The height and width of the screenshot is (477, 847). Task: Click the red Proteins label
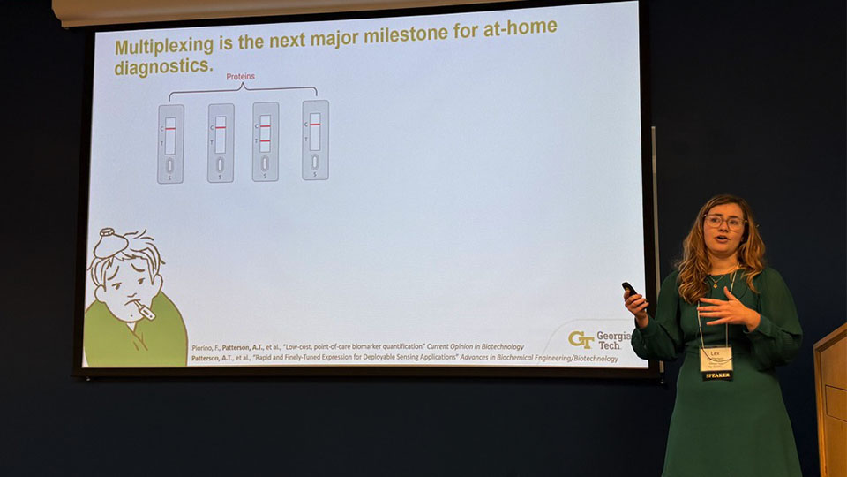click(240, 77)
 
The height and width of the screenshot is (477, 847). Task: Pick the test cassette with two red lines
click(265, 141)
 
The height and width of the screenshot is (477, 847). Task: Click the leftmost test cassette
click(170, 143)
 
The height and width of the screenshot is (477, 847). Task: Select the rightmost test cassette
click(315, 140)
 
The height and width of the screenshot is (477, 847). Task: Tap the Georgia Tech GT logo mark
click(581, 340)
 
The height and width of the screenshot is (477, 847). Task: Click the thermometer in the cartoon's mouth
click(141, 310)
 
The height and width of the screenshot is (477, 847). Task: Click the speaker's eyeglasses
click(723, 222)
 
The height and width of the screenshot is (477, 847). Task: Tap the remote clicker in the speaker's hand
click(629, 290)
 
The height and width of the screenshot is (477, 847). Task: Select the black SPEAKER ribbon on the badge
click(716, 375)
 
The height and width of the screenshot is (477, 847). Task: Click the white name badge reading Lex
click(716, 358)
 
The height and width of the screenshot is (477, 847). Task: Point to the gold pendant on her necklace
click(714, 285)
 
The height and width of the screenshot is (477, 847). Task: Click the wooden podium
click(831, 397)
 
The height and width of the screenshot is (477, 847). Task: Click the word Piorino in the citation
click(203, 348)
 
